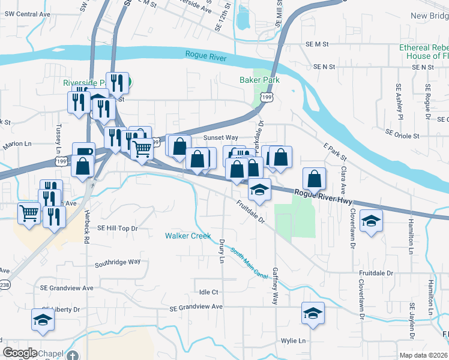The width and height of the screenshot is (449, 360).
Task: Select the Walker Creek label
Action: coord(188,236)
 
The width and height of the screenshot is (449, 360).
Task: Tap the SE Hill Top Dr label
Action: coord(118,228)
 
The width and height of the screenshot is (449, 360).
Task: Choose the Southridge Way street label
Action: coord(118,262)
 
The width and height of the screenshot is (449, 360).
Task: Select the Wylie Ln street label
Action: coord(293,340)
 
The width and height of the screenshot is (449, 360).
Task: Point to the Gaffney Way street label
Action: coord(276,286)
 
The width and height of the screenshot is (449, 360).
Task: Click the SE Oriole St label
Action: coord(402,136)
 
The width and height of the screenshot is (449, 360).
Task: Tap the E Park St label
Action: coord(335,152)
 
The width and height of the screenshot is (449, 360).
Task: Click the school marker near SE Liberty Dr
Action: coord(43,320)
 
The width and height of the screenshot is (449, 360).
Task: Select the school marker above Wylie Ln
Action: coord(313,313)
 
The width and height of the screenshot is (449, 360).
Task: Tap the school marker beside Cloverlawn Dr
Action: coord(371,221)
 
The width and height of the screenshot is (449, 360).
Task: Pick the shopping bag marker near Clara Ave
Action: coord(315,178)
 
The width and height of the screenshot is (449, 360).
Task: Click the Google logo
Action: coord(20,353)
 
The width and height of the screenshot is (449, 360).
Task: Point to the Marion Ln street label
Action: coord(16,144)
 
